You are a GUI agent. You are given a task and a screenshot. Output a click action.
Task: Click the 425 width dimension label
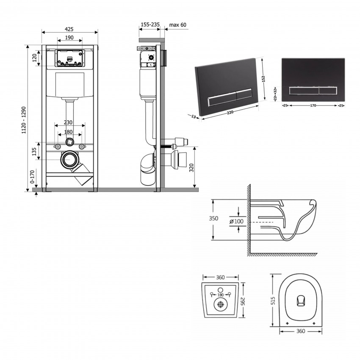coord(69,29)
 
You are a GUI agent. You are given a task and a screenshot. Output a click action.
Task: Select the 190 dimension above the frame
coord(69,38)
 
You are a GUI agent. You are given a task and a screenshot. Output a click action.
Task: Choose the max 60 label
coord(178,25)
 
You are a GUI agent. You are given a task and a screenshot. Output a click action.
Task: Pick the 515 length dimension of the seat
coord(274,300)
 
